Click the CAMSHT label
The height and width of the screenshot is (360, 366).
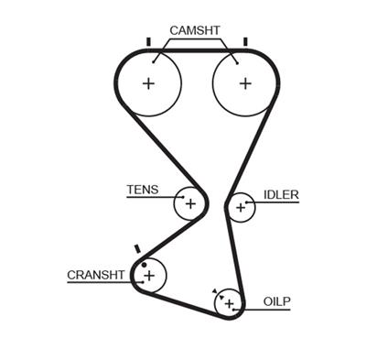click(195, 30)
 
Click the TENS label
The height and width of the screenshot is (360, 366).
click(142, 191)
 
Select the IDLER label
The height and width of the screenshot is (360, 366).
click(281, 194)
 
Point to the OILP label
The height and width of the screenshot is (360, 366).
click(276, 300)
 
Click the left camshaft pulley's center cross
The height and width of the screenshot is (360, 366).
click(148, 82)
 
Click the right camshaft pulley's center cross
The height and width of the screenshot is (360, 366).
click(244, 82)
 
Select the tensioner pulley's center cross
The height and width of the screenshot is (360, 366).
click(190, 203)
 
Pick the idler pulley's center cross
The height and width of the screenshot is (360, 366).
click(241, 208)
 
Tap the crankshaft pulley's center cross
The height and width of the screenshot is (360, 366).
click(151, 275)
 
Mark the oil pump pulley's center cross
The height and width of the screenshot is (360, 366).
click(230, 301)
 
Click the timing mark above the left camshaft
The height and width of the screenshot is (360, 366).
click(147, 41)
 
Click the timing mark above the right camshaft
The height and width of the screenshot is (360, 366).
click(245, 41)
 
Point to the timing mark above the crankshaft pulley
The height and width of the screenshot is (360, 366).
click(136, 247)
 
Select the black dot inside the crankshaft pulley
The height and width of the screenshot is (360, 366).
click(144, 265)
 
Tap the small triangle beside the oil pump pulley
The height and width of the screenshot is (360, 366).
click(215, 291)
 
